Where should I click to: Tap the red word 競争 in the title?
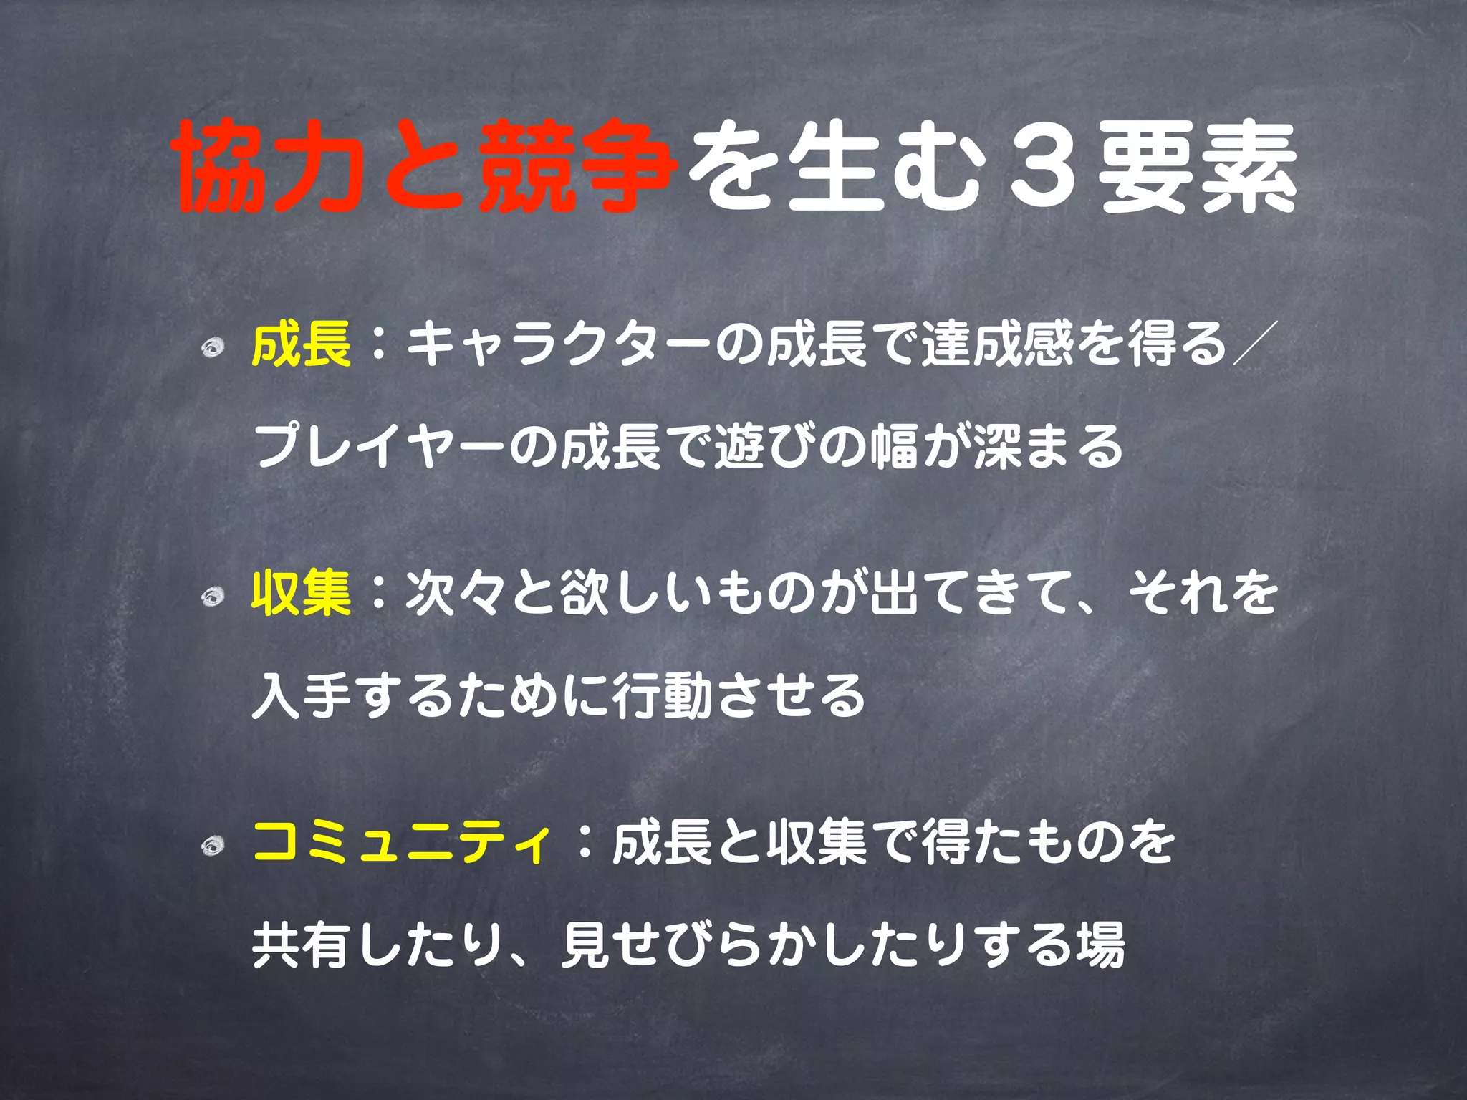point(577,168)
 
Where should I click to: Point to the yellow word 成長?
point(302,344)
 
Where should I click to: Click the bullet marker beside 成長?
point(213,349)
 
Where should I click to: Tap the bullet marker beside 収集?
point(213,597)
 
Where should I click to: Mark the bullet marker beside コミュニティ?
point(213,847)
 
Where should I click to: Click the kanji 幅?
point(895,446)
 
